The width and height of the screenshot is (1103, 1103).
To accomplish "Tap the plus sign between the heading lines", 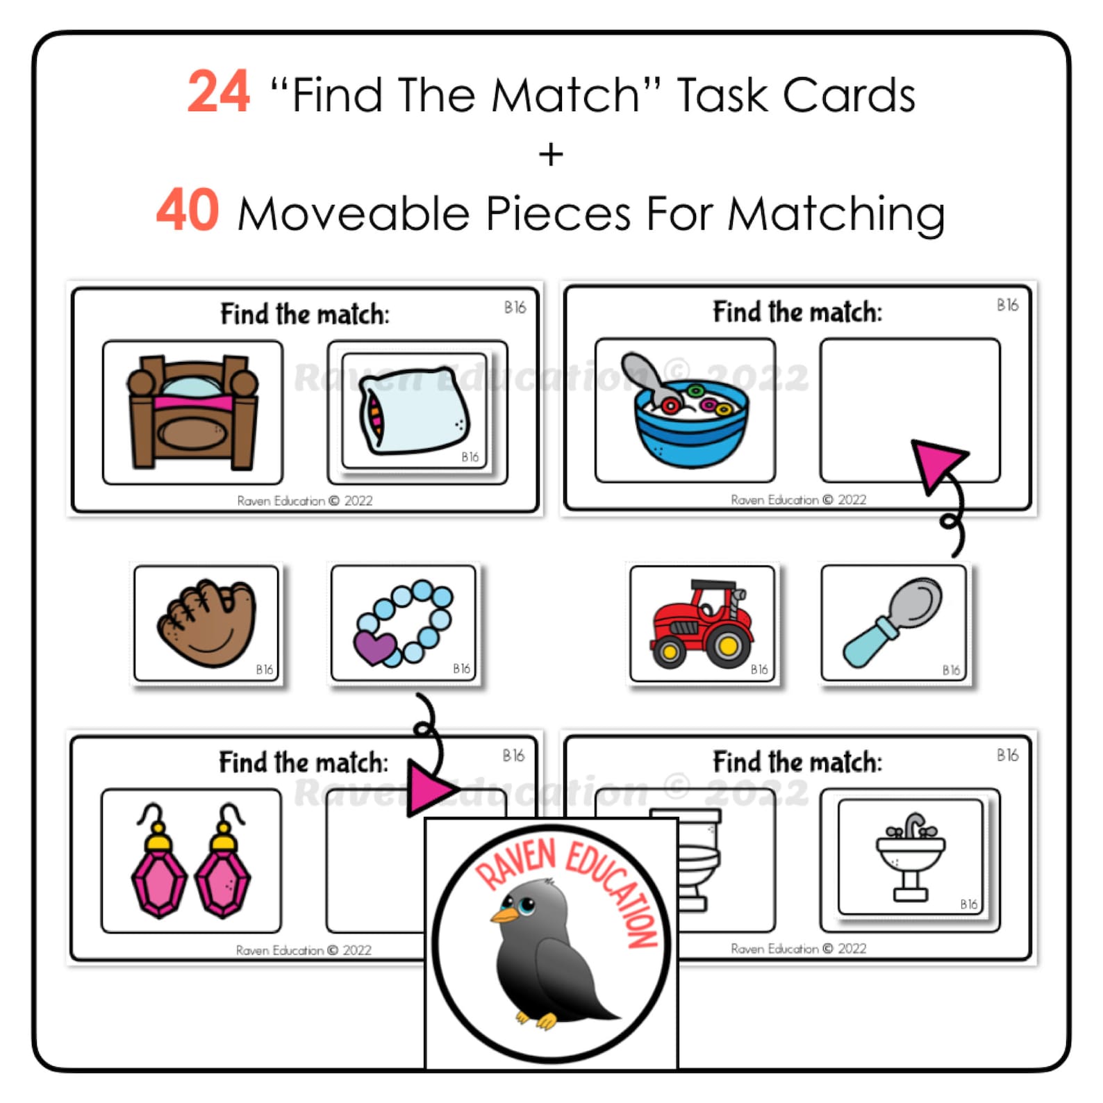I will click(x=551, y=154).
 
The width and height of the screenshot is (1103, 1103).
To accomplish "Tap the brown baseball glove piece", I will click(x=207, y=622).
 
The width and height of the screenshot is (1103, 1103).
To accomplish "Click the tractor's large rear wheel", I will click(x=727, y=646).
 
